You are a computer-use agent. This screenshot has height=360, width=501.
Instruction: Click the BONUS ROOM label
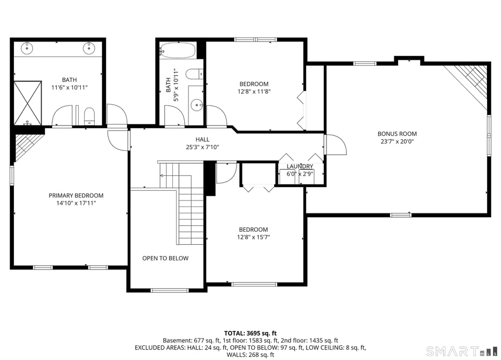pyautogui.click(x=396, y=134)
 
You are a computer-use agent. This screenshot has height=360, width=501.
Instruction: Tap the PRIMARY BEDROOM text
pyautogui.click(x=76, y=196)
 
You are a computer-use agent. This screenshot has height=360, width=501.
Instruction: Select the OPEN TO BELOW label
pyautogui.click(x=165, y=258)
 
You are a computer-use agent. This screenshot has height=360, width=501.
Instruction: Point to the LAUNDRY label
pyautogui.click(x=300, y=167)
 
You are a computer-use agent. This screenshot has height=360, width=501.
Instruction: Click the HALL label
pyautogui.click(x=203, y=140)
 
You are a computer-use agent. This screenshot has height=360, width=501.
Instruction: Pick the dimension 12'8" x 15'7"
pyautogui.click(x=253, y=237)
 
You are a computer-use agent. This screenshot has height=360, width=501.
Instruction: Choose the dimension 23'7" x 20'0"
pyautogui.click(x=396, y=142)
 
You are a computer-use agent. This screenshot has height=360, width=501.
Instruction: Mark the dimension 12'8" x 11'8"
pyautogui.click(x=254, y=92)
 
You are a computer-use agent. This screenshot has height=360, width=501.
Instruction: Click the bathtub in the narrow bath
pyautogui.click(x=178, y=50)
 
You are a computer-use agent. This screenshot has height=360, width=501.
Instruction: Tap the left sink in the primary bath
pyautogui.click(x=27, y=49)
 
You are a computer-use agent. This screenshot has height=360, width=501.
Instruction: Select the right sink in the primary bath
pyautogui.click(x=89, y=49)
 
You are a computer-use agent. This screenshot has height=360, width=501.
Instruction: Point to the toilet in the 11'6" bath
pyautogui.click(x=89, y=115)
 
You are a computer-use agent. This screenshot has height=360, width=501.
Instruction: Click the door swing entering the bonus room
pyautogui.click(x=335, y=144)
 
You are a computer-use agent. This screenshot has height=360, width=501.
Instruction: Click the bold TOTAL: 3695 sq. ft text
pyautogui.click(x=250, y=334)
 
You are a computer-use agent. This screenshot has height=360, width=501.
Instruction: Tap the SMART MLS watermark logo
pyautogui.click(x=461, y=351)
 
